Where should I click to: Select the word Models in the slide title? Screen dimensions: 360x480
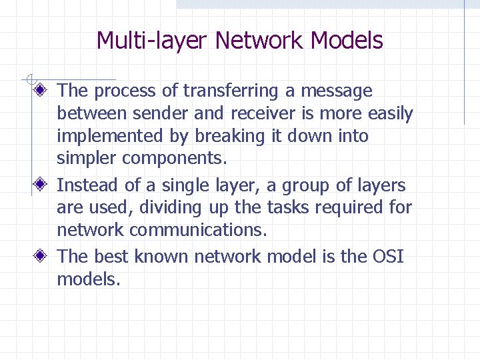click(x=347, y=41)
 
